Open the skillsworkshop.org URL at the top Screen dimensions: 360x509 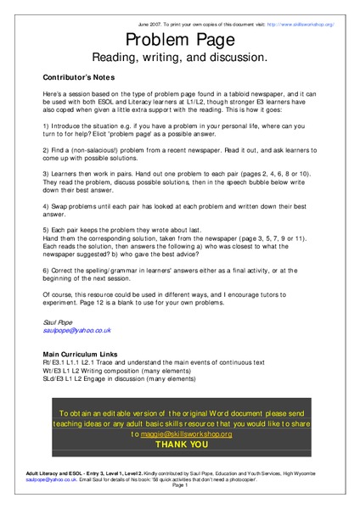pos(301,25)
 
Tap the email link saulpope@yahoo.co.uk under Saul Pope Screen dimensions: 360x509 pos(77,330)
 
